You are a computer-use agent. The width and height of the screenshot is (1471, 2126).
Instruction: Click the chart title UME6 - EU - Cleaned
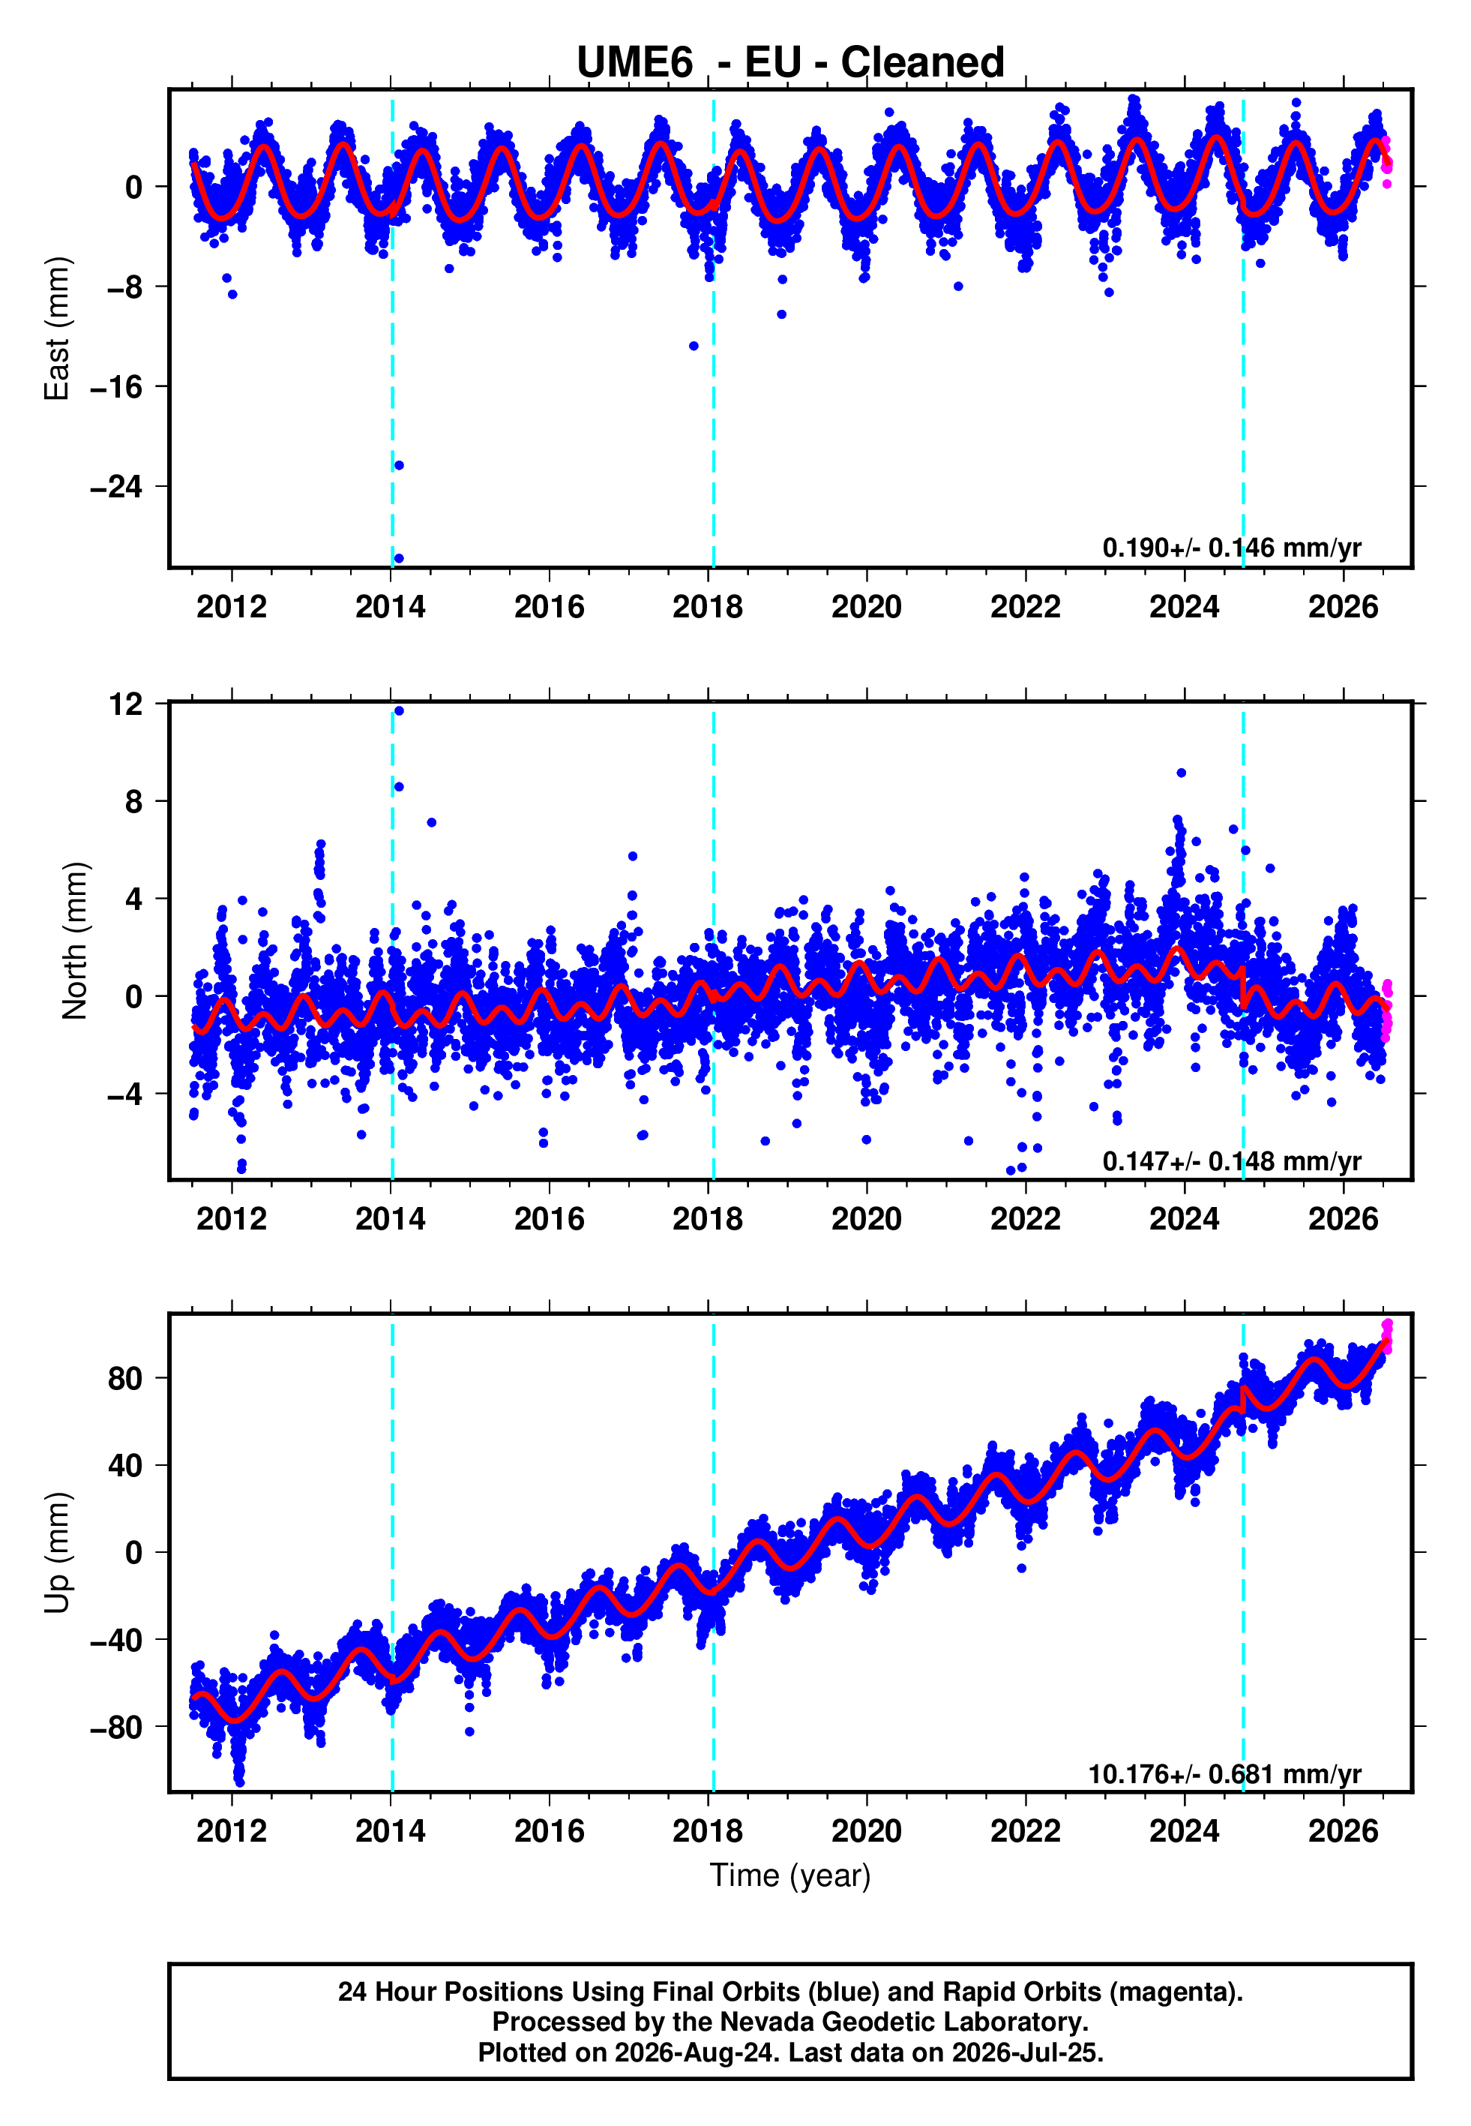pyautogui.click(x=790, y=63)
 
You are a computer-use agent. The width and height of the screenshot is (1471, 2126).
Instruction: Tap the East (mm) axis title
pyautogui.click(x=57, y=329)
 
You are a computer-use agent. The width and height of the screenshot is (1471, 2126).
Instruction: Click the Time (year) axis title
pyautogui.click(x=790, y=1875)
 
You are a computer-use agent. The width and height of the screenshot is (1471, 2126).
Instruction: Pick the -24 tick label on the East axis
pyautogui.click(x=116, y=486)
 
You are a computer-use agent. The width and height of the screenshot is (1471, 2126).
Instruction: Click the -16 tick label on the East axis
pyautogui.click(x=116, y=386)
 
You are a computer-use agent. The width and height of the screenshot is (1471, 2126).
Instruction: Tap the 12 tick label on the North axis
pyautogui.click(x=126, y=704)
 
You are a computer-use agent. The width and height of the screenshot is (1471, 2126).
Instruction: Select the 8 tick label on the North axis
pyautogui.click(x=134, y=801)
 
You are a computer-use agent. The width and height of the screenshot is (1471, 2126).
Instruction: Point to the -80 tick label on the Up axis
pyautogui.click(x=116, y=1727)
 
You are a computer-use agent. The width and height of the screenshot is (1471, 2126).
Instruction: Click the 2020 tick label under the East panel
pyautogui.click(x=867, y=607)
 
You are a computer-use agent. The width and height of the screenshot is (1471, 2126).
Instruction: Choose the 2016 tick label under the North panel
pyautogui.click(x=550, y=1219)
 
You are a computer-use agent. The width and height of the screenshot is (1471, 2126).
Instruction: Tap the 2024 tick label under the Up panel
pyautogui.click(x=1185, y=1831)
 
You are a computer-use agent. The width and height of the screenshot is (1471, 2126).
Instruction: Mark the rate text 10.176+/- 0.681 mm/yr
pyautogui.click(x=1225, y=1774)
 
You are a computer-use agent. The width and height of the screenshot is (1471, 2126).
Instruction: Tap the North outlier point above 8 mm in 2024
pyautogui.click(x=1182, y=773)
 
